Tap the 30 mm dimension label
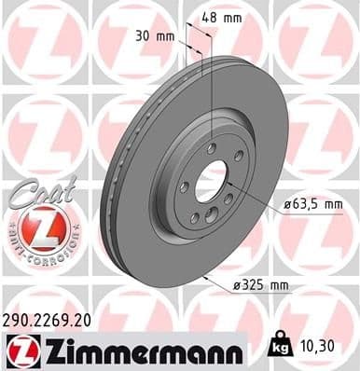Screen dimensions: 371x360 pos(153,37)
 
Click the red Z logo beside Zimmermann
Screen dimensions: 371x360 pos(21,350)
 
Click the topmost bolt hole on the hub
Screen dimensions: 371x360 pos(212,148)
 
